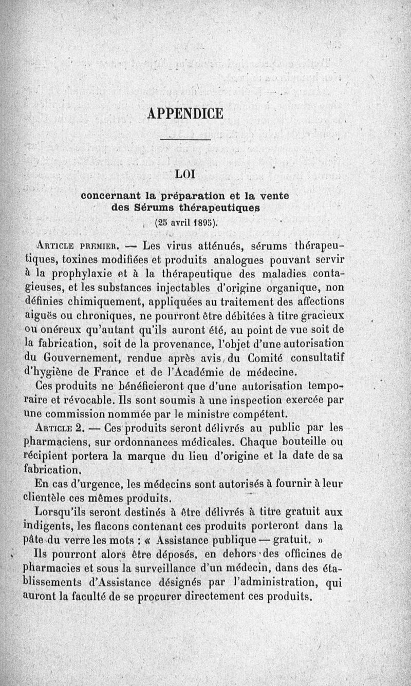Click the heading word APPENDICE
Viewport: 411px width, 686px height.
[185, 113]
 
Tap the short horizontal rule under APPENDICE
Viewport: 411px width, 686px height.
[185, 139]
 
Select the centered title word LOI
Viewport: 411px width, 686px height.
[185, 174]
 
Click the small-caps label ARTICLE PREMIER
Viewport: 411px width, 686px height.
[77, 244]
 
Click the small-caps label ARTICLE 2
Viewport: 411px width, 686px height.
[64, 427]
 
